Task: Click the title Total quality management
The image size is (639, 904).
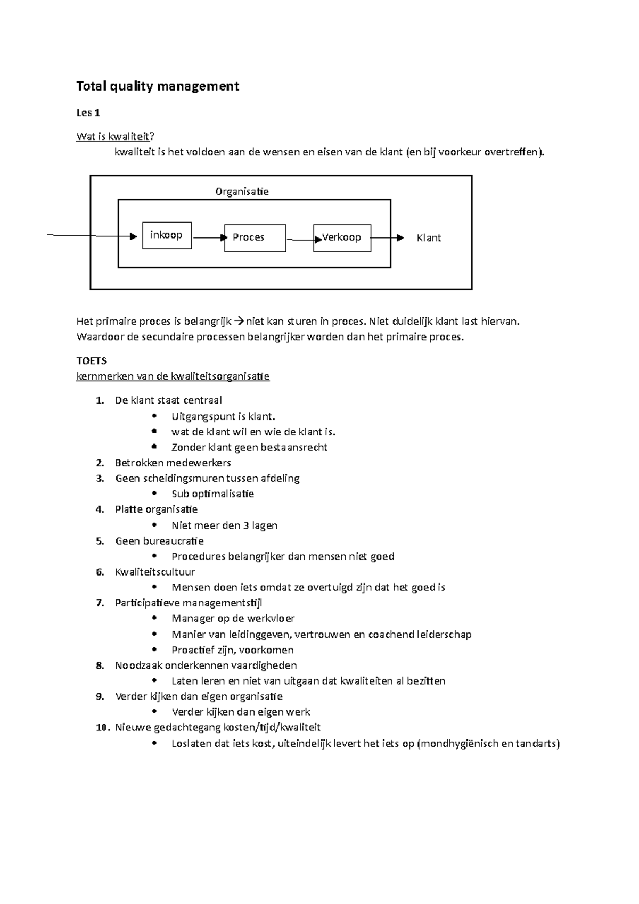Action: coord(158,86)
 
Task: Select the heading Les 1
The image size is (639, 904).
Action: coord(88,113)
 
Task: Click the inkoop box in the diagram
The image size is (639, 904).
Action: coord(167,235)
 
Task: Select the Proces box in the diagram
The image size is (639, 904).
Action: coord(255,237)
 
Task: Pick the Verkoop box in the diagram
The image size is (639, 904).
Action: coord(342,237)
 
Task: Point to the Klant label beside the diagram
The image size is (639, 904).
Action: coord(429,238)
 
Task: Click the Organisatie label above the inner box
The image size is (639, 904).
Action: coord(242,192)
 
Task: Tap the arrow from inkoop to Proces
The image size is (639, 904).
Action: coord(209,238)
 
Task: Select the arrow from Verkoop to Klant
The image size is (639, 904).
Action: coord(387,238)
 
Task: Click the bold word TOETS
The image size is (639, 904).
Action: coord(92,361)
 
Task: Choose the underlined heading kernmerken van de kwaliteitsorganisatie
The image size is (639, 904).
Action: coord(173,377)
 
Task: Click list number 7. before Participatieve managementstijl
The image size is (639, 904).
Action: coord(100,603)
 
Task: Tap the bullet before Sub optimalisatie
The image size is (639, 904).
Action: coord(154,494)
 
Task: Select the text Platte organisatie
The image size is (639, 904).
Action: coord(156,509)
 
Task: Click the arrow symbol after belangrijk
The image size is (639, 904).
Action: coord(239,322)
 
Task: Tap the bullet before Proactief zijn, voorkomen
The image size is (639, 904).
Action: coord(154,650)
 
